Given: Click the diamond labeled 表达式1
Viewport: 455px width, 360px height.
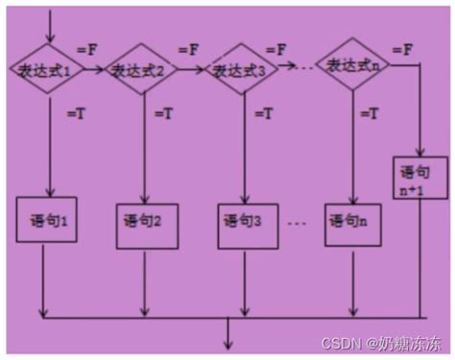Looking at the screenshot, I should tap(43, 69).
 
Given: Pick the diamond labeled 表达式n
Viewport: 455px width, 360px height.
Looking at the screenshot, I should tap(350, 65).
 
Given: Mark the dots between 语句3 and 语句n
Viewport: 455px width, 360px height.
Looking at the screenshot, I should tap(297, 223).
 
